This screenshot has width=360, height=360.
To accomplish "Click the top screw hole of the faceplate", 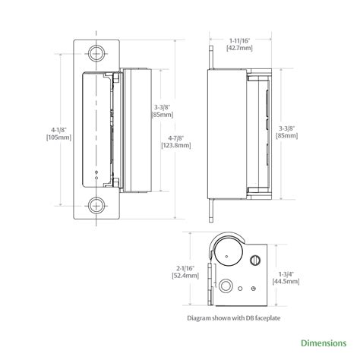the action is pyautogui.click(x=96, y=53).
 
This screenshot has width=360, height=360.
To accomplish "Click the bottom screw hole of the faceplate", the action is pyautogui.click(x=96, y=206).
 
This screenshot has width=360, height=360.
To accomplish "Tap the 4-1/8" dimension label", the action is pyautogui.click(x=58, y=130).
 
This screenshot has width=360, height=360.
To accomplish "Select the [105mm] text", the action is pyautogui.click(x=58, y=137).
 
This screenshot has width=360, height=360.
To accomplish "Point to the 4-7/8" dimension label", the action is pyautogui.click(x=176, y=138).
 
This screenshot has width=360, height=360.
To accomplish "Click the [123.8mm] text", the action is pyautogui.click(x=176, y=146).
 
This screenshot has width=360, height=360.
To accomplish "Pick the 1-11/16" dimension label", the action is pyautogui.click(x=240, y=40).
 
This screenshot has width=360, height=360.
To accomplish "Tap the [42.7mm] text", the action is pyautogui.click(x=239, y=48).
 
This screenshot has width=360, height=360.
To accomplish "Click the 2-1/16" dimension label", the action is pyautogui.click(x=185, y=268).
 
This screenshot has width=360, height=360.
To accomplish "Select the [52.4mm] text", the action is pyautogui.click(x=185, y=276).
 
